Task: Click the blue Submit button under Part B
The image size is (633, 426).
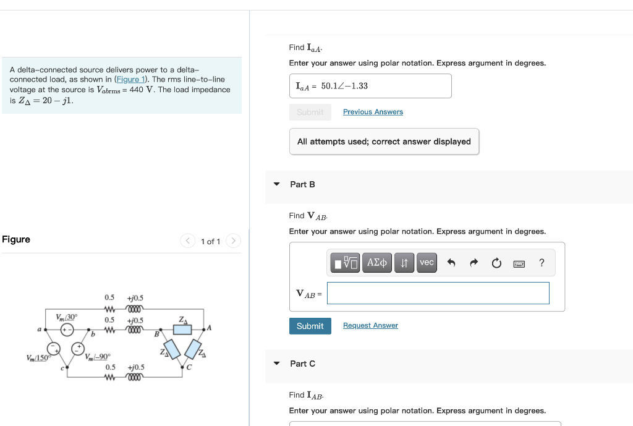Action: coord(310,326)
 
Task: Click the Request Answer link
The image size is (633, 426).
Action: coord(370,325)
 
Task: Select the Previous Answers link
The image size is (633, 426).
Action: coord(373,112)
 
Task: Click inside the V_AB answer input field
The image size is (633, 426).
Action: coord(438,293)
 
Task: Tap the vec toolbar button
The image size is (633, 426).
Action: coord(427,263)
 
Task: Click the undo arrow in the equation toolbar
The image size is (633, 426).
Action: coord(451,263)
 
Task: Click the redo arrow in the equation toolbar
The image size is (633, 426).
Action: coord(474,263)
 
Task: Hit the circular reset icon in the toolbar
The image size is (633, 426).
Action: coord(496,263)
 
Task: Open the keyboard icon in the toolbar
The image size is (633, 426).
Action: coord(519,263)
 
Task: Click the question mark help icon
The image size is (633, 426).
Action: coord(542,263)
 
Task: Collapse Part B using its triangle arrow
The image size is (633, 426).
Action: coord(277,184)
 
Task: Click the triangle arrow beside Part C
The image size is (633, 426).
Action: coord(277,363)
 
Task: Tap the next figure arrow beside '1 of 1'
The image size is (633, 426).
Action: coord(232,241)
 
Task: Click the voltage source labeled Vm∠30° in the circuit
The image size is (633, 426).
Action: coord(68,330)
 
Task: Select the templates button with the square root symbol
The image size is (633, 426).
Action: coord(346,263)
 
